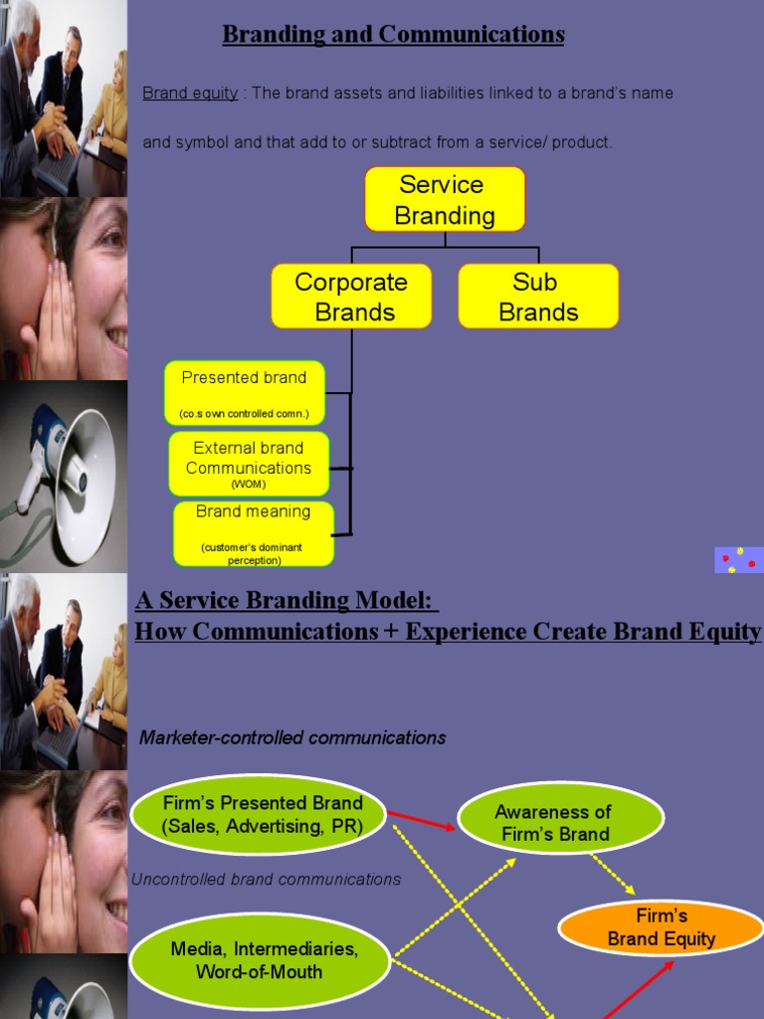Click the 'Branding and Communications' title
click(x=393, y=35)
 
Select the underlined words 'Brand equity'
click(x=190, y=94)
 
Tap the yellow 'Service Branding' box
click(x=445, y=200)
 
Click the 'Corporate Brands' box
click(x=351, y=297)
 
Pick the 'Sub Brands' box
click(x=538, y=297)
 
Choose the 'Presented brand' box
click(x=244, y=393)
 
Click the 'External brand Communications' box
click(x=249, y=464)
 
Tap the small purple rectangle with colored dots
click(x=738, y=560)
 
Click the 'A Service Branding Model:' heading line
click(x=286, y=602)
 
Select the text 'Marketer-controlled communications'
click(x=292, y=738)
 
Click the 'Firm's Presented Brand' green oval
click(x=262, y=814)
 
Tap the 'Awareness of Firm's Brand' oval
click(x=560, y=823)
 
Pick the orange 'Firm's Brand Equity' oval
click(x=662, y=927)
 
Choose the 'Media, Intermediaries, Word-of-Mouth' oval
click(x=264, y=959)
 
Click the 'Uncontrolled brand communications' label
click(x=267, y=880)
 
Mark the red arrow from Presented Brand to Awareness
click(x=422, y=820)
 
